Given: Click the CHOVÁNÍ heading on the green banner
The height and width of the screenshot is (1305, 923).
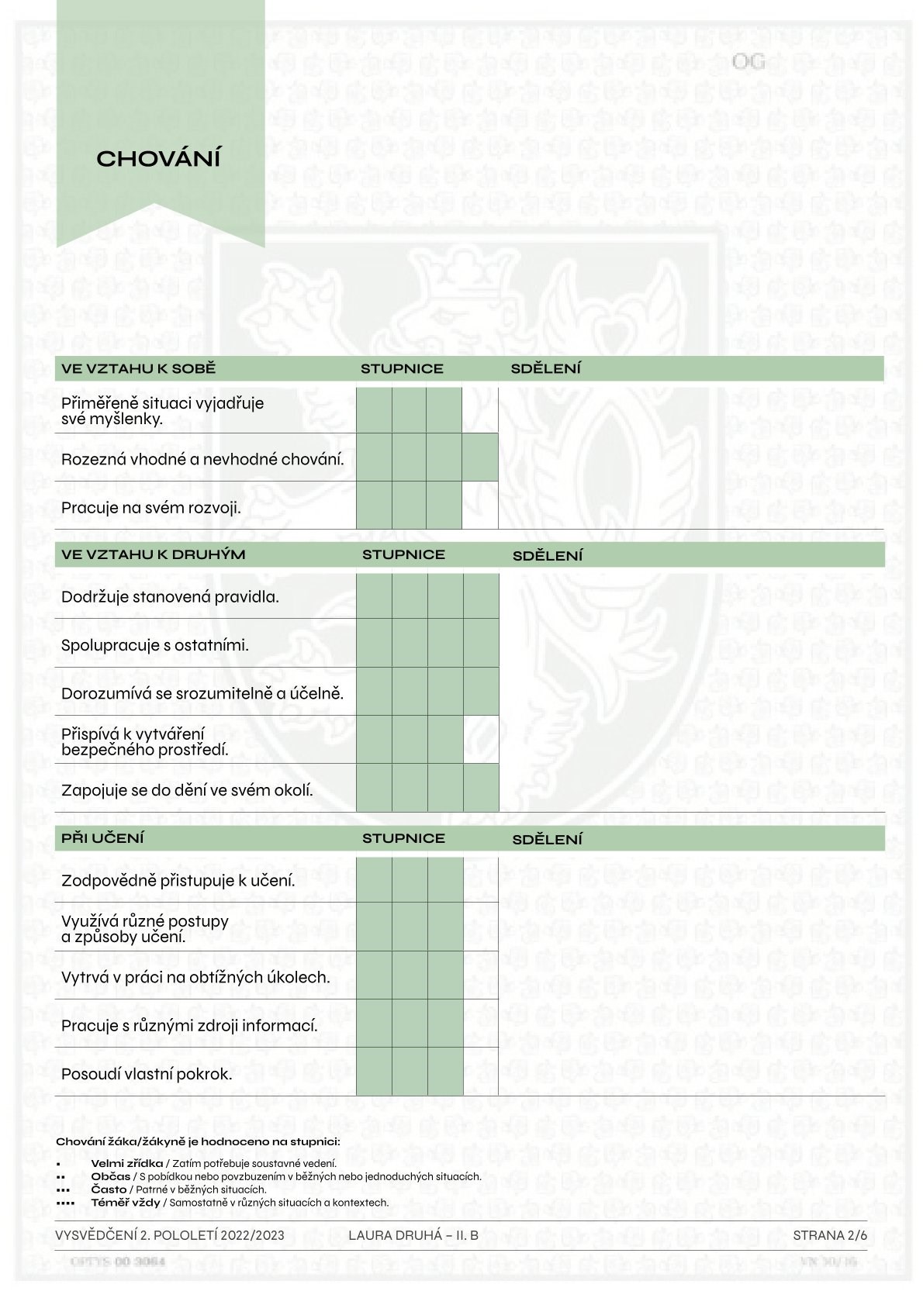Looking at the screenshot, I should point(159,159).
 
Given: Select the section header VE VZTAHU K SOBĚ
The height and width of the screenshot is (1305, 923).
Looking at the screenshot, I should point(138,369).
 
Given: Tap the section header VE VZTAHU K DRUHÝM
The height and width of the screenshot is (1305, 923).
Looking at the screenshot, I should point(153,554).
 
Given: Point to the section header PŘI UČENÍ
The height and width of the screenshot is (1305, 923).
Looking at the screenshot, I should point(102,838).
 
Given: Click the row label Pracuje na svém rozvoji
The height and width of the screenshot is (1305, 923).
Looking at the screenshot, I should point(151,508).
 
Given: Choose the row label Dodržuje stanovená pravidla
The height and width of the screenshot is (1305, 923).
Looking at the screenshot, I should point(170,597).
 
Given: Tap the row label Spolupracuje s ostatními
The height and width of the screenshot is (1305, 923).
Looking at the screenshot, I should point(155,645).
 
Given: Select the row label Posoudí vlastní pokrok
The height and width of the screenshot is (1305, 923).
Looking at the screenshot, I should point(147,1074).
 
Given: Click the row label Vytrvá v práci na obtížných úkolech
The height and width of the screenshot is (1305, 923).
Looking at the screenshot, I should point(195,977).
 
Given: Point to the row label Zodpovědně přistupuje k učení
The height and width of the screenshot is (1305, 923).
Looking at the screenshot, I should point(178,881).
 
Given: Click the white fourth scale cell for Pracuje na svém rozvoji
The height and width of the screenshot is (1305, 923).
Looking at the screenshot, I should point(480,506).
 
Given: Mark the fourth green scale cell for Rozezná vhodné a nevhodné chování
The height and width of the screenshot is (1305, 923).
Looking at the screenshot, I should point(480,457).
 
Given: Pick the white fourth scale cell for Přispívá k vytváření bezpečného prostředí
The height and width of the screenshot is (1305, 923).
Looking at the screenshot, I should point(481,740).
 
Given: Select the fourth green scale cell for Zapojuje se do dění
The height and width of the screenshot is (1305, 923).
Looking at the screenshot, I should point(481,788).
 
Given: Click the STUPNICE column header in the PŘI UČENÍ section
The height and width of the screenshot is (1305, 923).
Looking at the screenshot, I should point(403,838).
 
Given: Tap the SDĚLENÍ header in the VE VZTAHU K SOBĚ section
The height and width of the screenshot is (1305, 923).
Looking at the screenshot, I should point(545,369).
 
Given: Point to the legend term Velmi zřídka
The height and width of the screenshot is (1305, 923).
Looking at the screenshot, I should point(126,1163).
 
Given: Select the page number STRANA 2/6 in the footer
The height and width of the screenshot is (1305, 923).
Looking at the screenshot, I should point(830,1235).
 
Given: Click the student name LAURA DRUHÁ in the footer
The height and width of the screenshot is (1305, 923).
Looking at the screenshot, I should point(396,1235).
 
